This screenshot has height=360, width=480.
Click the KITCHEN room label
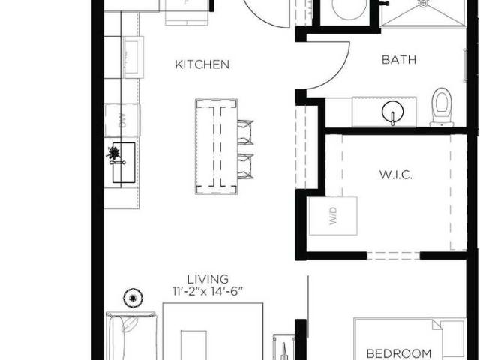click(202, 64)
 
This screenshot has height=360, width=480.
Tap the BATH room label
click(399, 60)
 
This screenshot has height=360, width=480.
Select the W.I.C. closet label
click(396, 175)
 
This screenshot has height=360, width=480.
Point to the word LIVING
click(208, 279)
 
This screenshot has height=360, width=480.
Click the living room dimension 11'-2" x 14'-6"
click(208, 291)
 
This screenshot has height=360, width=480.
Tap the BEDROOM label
click(399, 353)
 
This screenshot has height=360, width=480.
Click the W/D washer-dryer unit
click(333, 216)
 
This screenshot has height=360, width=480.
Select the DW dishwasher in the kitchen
click(122, 121)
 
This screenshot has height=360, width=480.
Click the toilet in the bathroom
click(442, 107)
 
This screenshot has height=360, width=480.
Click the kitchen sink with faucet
click(123, 163)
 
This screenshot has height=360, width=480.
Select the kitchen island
click(217, 147)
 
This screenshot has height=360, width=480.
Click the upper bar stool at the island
click(245, 132)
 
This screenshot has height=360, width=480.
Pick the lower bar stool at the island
click(245, 166)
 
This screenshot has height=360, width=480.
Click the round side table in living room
click(133, 298)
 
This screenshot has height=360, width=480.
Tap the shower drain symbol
click(423, 3)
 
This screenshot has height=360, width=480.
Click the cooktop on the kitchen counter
click(133, 57)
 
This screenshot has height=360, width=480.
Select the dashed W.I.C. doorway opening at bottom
click(393, 256)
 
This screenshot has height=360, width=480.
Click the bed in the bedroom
click(410, 339)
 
